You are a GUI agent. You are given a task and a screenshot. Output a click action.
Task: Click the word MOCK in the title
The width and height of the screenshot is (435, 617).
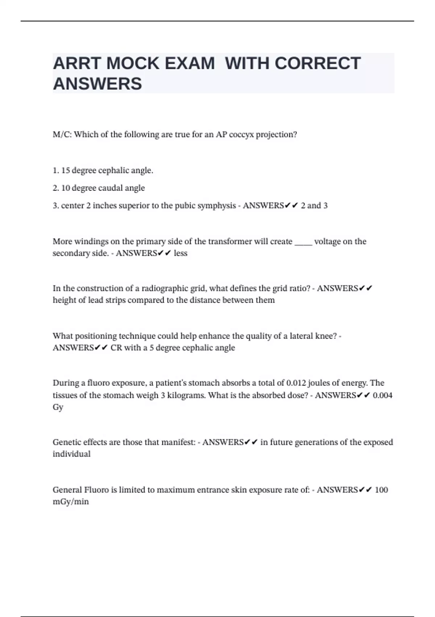coord(133,64)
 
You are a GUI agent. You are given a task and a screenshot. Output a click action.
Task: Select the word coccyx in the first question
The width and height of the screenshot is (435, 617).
coord(242,135)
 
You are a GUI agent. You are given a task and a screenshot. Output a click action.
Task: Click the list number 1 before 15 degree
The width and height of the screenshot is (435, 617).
coord(55,171)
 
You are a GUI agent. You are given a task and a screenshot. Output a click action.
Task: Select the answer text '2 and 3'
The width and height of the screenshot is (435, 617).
coord(314,206)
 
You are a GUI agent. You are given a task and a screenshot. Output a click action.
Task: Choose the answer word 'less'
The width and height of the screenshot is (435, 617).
coord(181,253)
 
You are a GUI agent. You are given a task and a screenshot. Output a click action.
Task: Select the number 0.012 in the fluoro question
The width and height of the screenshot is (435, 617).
coord(296,383)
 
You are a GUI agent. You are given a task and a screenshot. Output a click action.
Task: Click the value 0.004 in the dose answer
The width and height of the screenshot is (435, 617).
coord(382,395)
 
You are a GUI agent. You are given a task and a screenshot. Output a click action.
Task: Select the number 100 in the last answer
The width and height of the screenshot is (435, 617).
coord(381,490)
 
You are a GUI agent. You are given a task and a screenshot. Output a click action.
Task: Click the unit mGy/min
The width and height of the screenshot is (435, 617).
coord(71,502)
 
